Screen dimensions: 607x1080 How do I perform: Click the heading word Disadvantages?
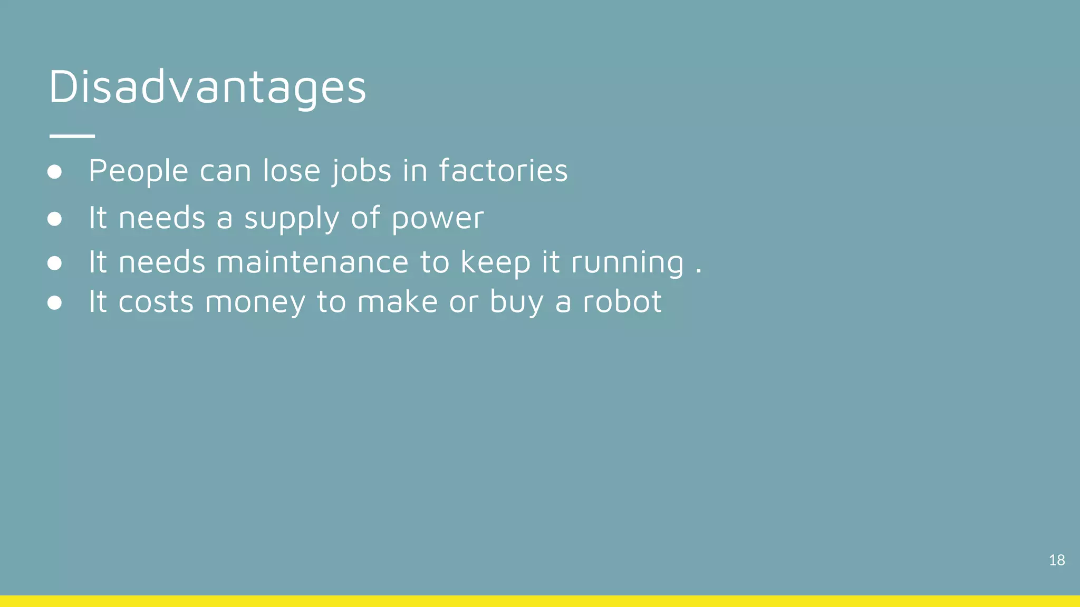[x=207, y=87]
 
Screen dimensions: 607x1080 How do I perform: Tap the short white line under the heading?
[x=72, y=136]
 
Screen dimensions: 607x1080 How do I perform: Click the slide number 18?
[x=1056, y=560]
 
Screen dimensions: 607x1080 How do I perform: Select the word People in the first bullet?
[x=138, y=172]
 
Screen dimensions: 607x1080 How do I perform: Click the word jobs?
[x=362, y=172]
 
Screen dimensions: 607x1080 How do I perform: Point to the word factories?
[x=503, y=171]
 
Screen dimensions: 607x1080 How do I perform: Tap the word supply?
[x=292, y=219]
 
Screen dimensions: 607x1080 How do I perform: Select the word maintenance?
[x=312, y=262]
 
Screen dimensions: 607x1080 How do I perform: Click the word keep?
[x=495, y=262]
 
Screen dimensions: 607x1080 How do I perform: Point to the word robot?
[x=622, y=301]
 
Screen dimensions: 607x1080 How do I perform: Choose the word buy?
[x=516, y=302]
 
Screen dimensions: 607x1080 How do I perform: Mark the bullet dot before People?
[x=54, y=172]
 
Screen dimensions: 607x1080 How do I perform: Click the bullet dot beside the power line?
[x=54, y=219]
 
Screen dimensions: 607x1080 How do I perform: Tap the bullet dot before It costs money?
[x=54, y=303]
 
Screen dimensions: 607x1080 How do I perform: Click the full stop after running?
[x=699, y=271]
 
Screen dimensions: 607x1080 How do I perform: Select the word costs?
[x=156, y=302]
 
